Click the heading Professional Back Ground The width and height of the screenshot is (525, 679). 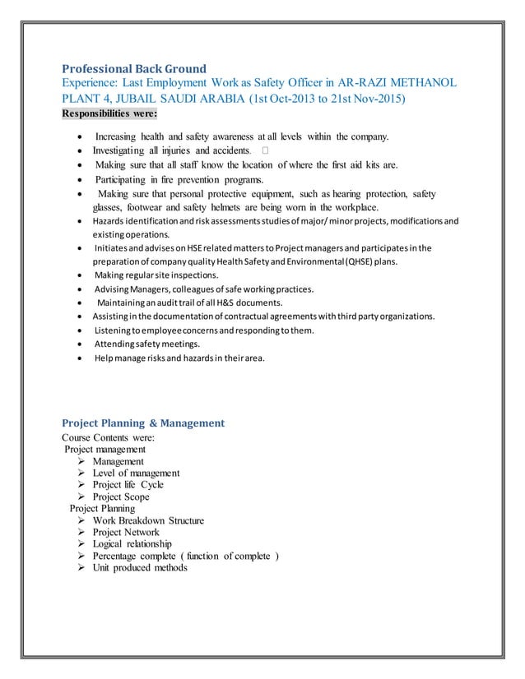click(134, 68)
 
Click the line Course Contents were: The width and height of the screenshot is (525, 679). click(108, 437)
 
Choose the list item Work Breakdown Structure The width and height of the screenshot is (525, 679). click(148, 520)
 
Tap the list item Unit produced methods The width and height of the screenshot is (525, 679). click(139, 567)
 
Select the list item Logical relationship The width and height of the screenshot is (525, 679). click(132, 543)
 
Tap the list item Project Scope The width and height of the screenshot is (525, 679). click(120, 497)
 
